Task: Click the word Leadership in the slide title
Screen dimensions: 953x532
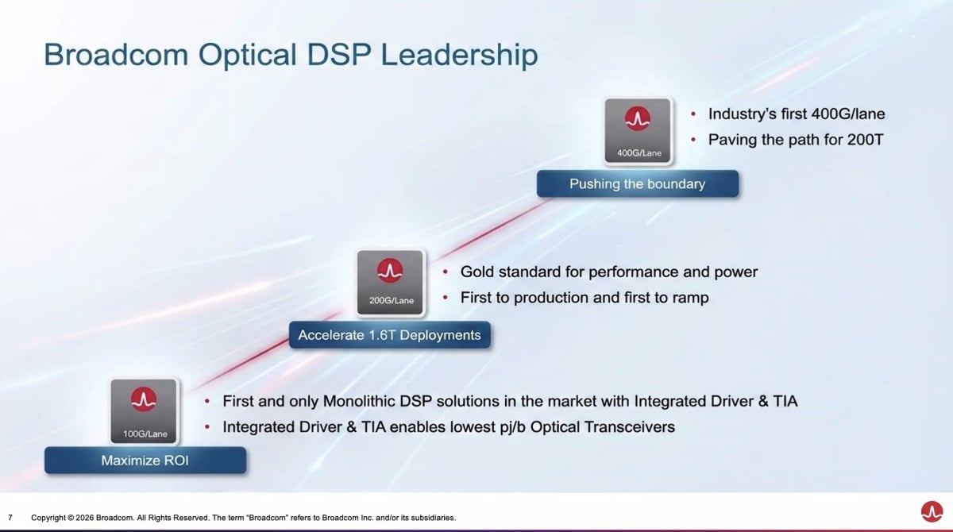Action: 460,56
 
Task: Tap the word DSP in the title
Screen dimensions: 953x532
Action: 339,55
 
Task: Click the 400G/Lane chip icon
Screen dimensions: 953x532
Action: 638,130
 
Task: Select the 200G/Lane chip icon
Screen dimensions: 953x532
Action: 390,283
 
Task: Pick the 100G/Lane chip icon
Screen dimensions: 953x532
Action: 144,411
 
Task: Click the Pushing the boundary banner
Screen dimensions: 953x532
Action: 637,183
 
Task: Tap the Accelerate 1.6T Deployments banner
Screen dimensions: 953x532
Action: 390,335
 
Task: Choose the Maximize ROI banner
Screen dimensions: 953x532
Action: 145,460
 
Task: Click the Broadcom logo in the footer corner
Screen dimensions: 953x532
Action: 932,511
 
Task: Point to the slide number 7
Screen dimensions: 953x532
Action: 10,518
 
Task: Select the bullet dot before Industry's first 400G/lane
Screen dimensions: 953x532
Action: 693,114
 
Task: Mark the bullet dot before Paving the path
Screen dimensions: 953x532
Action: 693,140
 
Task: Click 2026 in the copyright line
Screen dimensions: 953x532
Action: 85,518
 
